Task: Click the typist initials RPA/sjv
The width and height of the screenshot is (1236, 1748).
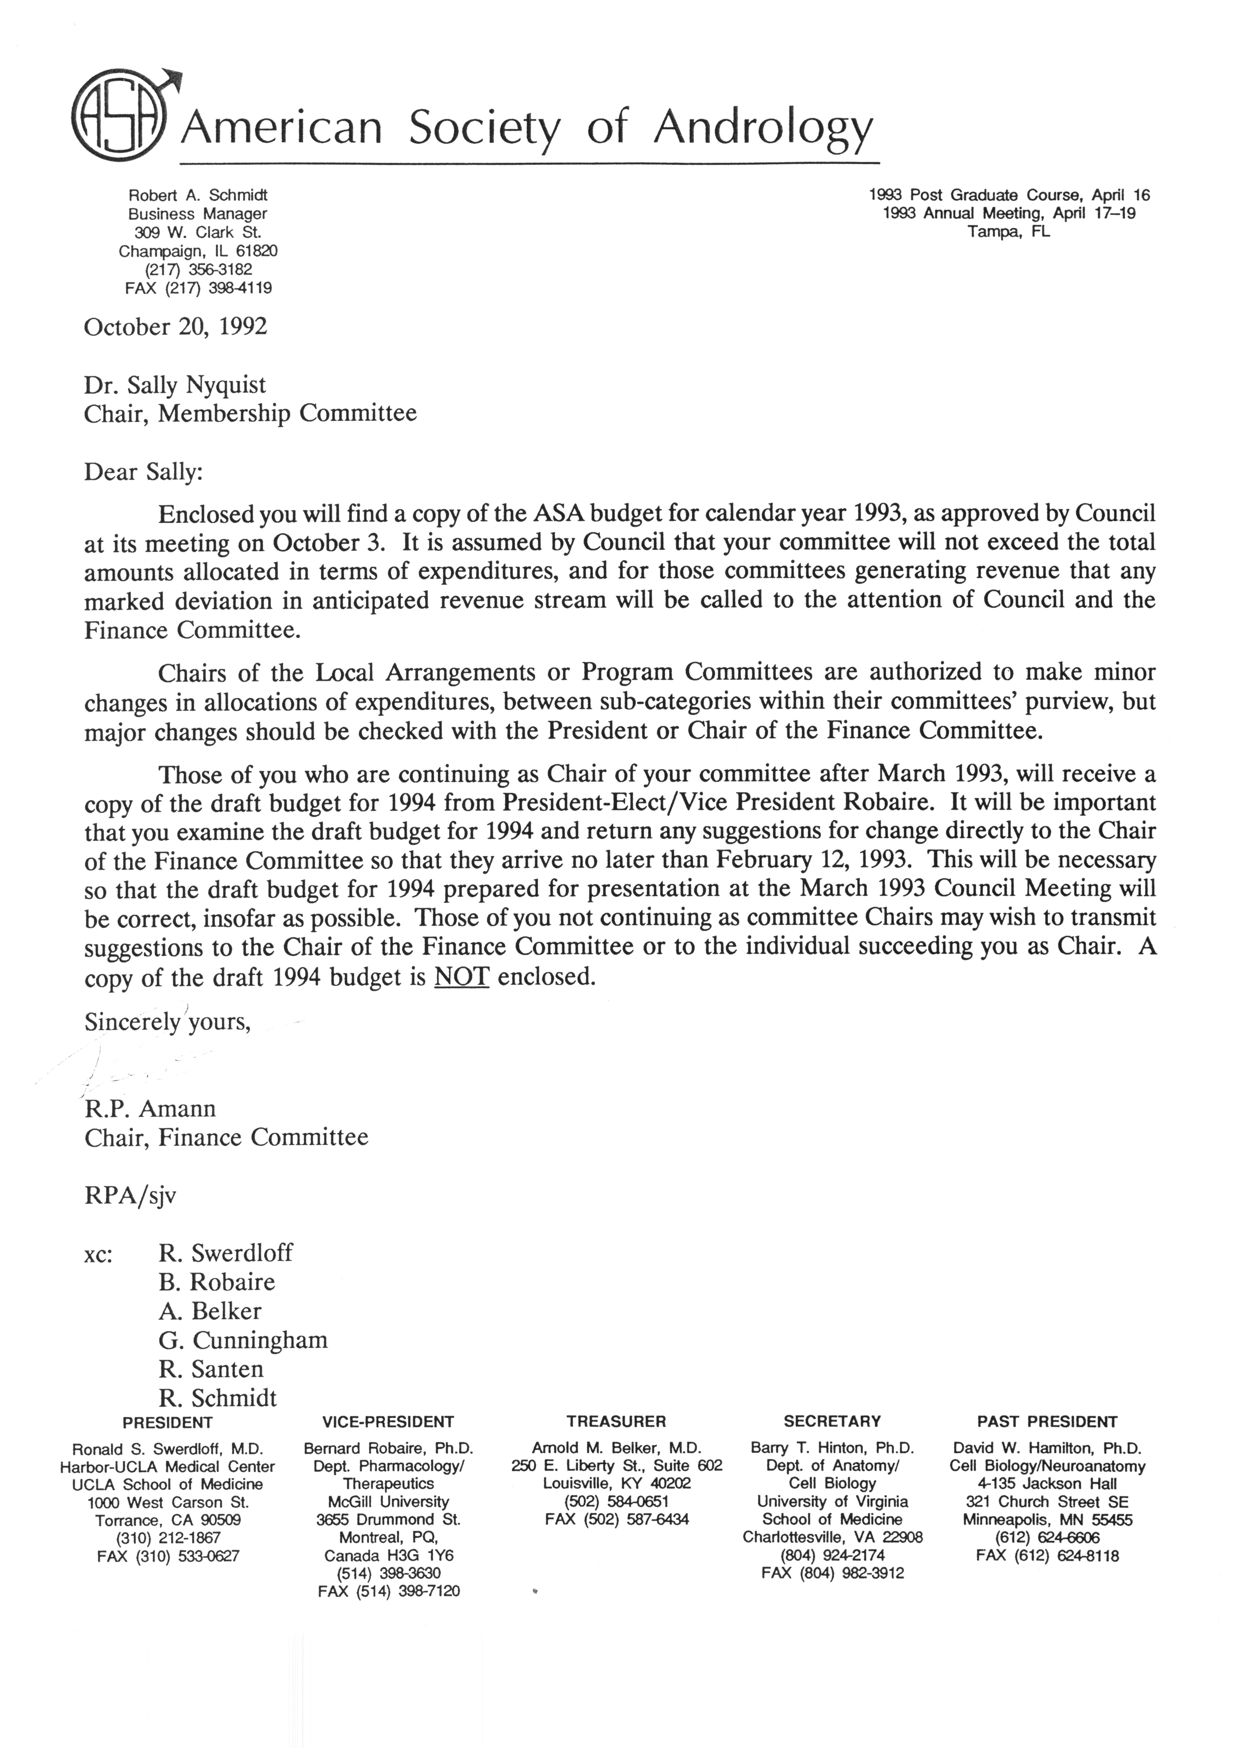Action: point(130,1195)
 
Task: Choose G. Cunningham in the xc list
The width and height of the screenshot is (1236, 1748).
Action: point(243,1340)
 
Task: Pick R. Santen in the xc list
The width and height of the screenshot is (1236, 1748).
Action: point(211,1369)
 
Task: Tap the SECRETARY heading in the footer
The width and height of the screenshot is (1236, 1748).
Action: point(832,1422)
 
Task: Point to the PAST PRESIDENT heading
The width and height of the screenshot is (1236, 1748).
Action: point(1047,1422)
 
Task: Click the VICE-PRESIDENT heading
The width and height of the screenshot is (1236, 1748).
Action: point(388,1422)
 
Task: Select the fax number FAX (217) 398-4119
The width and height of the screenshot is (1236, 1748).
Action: point(198,288)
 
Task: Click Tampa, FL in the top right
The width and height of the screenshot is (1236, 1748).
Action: point(1008,232)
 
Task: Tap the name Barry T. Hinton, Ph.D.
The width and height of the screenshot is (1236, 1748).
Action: point(832,1448)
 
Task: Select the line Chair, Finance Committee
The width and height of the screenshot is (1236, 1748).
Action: point(226,1137)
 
